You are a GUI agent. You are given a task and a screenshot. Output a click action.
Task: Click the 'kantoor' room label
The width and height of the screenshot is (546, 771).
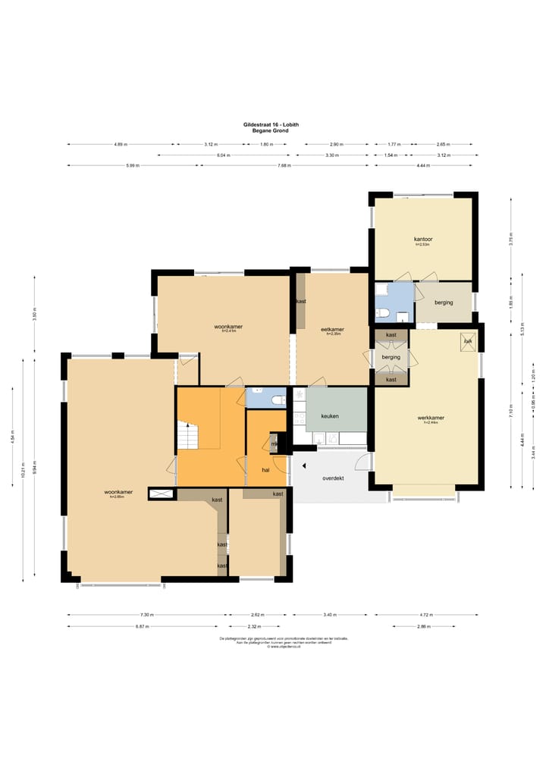pos(422,240)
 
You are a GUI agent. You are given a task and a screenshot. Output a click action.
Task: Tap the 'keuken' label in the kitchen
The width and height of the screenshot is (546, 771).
pos(329,416)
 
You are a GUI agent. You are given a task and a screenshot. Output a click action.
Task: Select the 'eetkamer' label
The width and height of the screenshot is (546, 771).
pos(332,329)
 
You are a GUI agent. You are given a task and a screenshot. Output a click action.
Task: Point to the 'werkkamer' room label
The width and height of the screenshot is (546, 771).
pos(430,418)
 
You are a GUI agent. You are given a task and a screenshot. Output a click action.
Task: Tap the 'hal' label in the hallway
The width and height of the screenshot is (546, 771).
pos(265,469)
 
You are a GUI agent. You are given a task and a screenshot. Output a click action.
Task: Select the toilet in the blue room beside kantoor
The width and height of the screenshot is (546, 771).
pos(384,314)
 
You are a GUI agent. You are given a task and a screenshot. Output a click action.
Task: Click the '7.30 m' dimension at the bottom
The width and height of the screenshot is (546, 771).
pos(147,615)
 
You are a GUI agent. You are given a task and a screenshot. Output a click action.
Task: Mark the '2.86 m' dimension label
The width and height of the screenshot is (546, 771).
pos(423,626)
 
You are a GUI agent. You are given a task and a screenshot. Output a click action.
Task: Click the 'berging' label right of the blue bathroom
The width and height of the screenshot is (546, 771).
pos(444,302)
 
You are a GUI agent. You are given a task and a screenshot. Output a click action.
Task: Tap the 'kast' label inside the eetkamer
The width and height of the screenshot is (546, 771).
pos(301,302)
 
